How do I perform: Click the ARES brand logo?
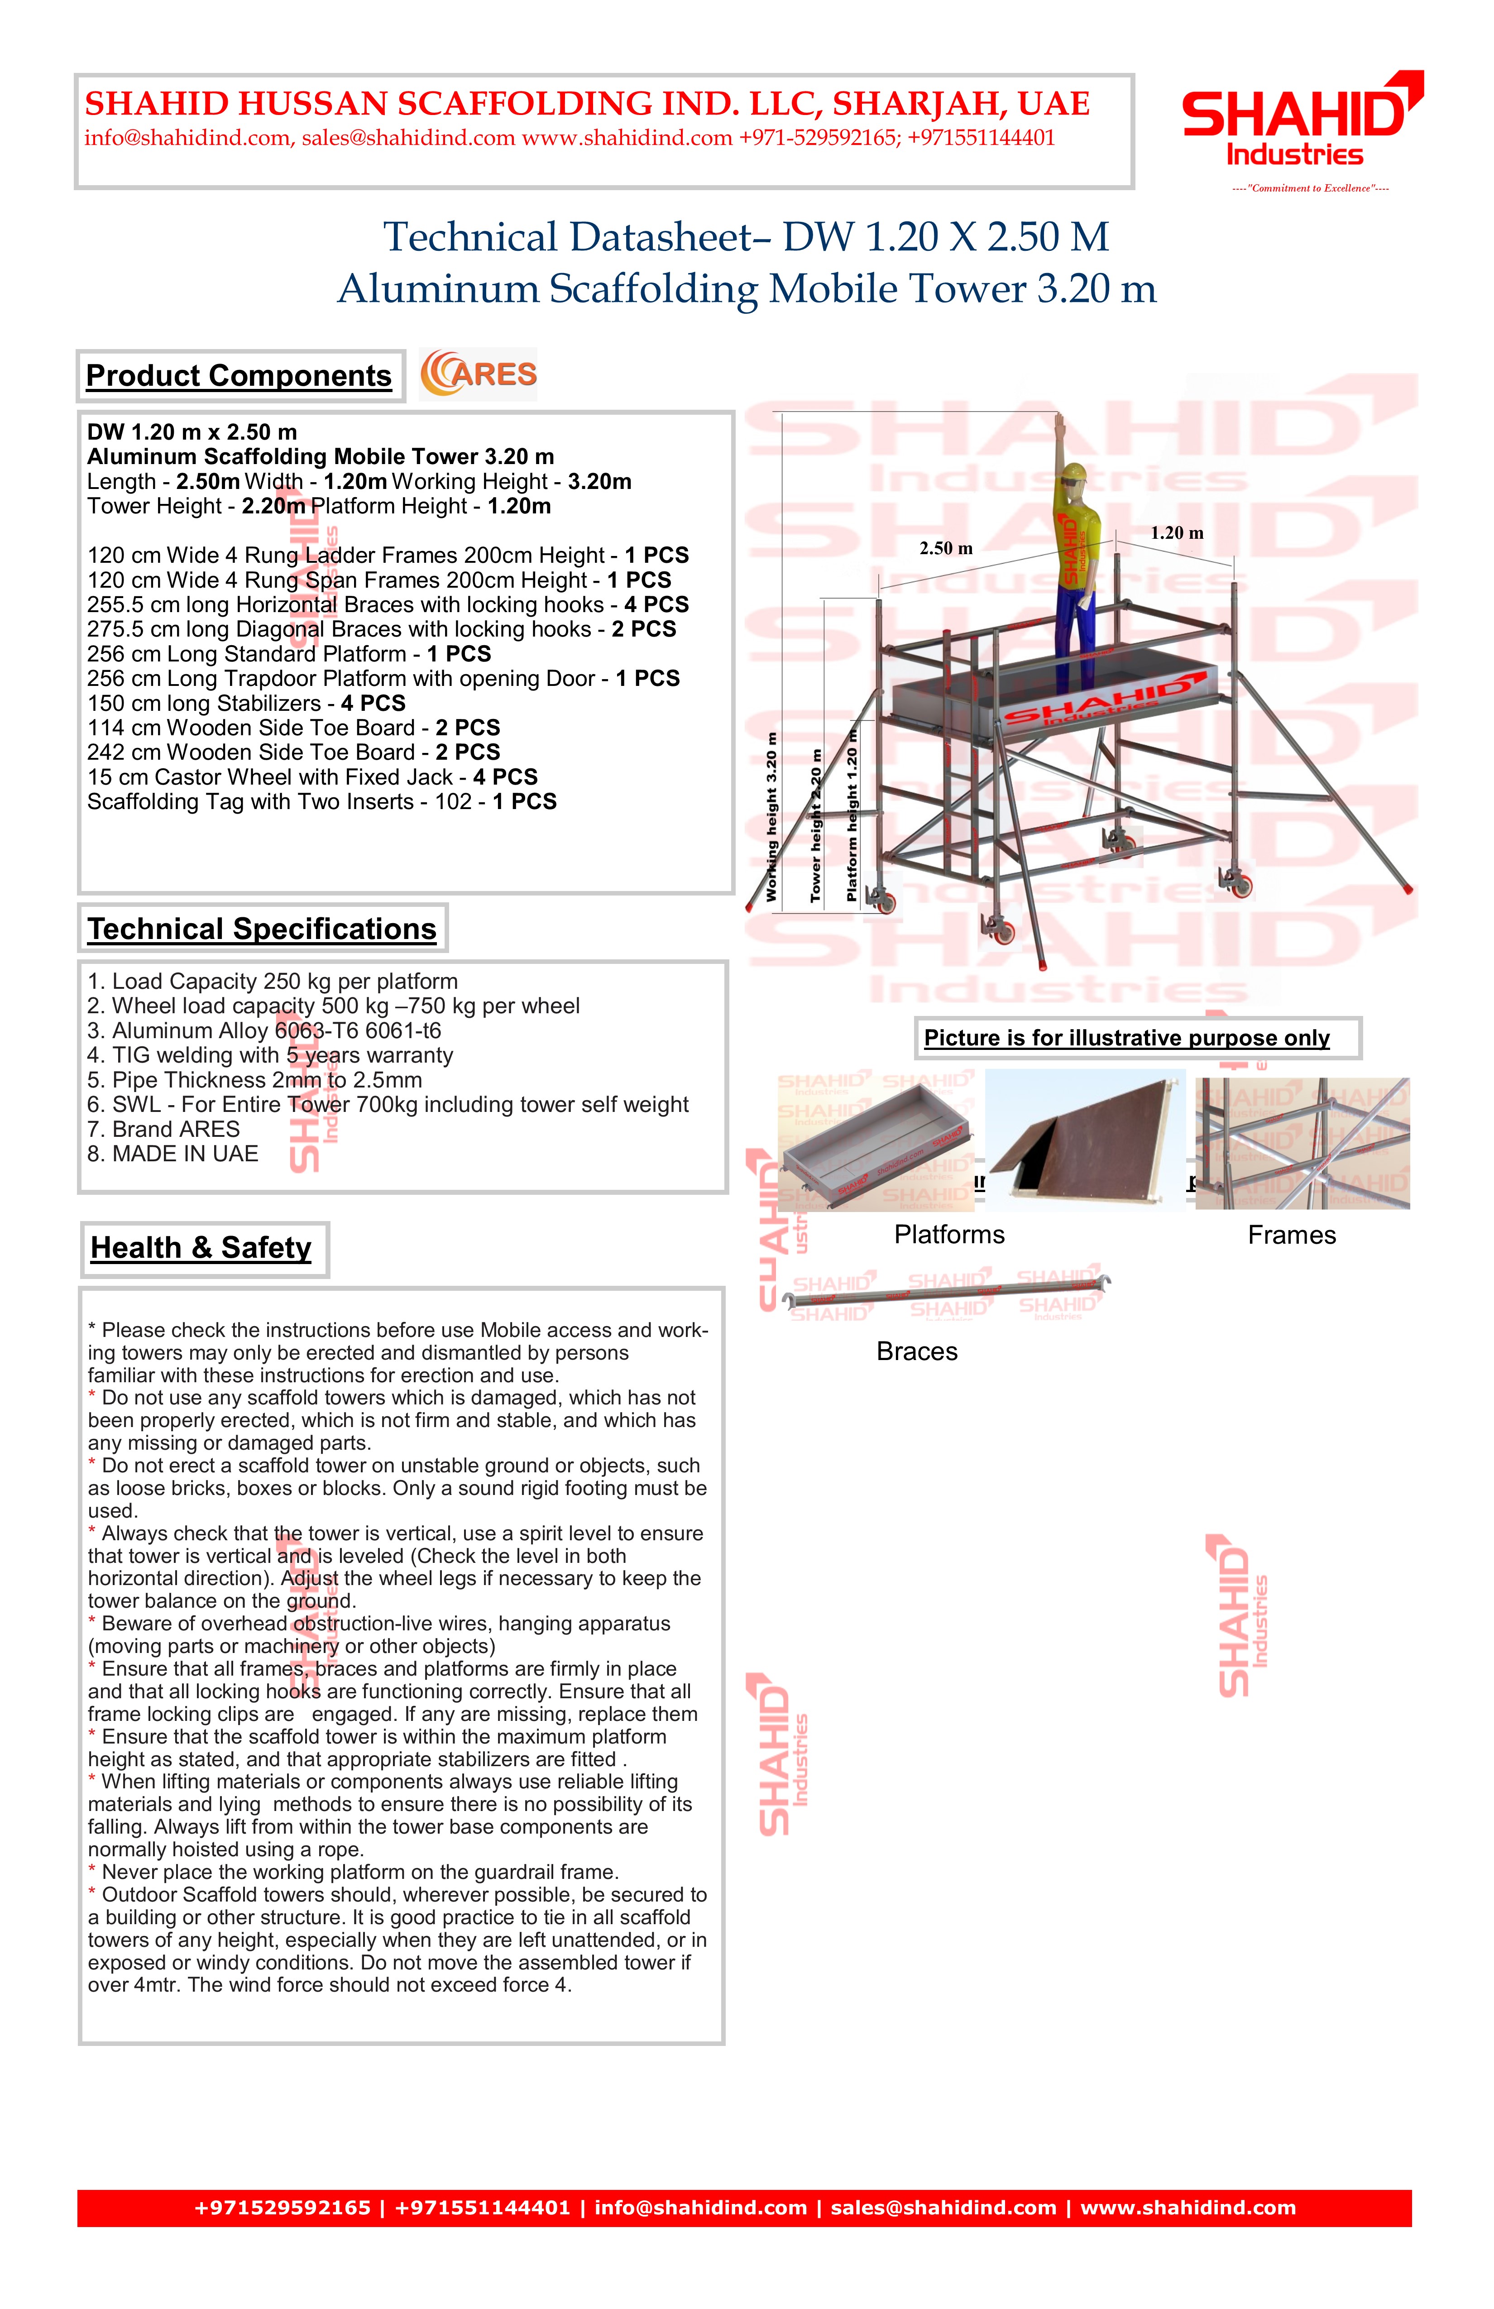click(x=478, y=374)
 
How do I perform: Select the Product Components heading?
click(x=239, y=375)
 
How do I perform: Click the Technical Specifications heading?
click(x=262, y=929)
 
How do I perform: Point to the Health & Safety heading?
click(x=202, y=1248)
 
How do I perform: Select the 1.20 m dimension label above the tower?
click(x=1177, y=532)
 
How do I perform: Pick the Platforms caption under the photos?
click(x=949, y=1235)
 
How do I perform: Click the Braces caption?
click(x=917, y=1351)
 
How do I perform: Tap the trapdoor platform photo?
click(x=1085, y=1140)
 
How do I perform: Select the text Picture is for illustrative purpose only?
click(x=1126, y=1038)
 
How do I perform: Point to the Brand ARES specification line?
click(x=163, y=1129)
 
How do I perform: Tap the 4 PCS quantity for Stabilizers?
click(x=373, y=704)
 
